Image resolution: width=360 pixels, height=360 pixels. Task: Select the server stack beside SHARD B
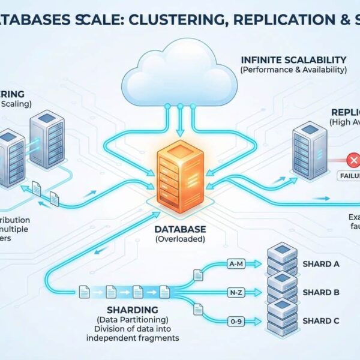(281, 288)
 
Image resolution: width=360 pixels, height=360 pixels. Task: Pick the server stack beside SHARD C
(281, 317)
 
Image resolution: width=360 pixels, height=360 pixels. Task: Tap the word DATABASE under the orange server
(180, 229)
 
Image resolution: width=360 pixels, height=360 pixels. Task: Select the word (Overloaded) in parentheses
(180, 239)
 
